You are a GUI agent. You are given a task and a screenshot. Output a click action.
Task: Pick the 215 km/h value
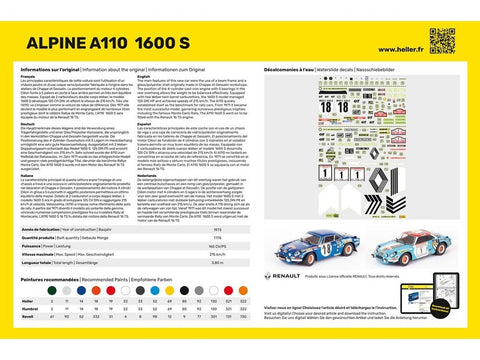pyautogui.click(x=219, y=254)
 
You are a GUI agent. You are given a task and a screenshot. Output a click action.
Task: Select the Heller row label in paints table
pyautogui.click(x=27, y=300)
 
